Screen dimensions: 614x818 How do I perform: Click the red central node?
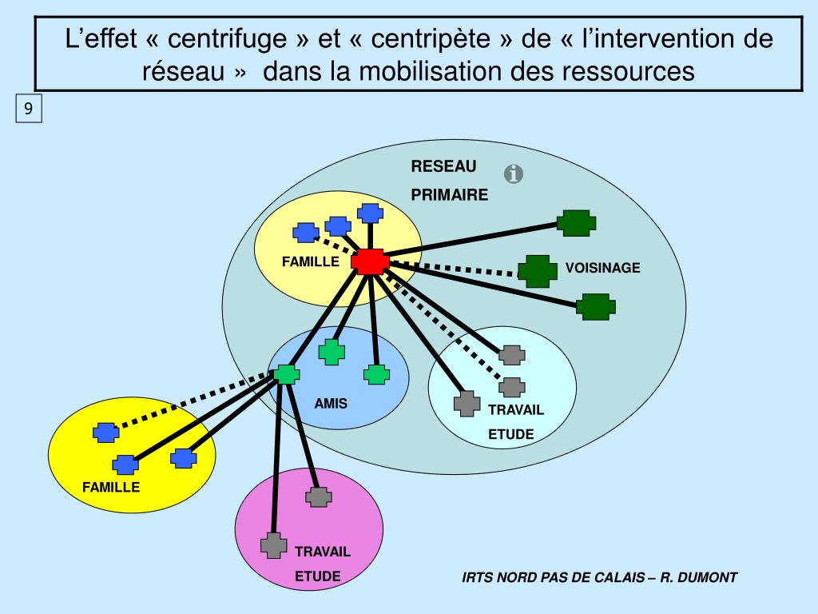click(x=370, y=261)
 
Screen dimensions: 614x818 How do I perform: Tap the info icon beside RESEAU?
click(x=514, y=173)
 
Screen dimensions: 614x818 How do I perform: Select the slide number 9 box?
click(x=28, y=110)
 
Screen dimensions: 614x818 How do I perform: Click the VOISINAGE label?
click(x=603, y=268)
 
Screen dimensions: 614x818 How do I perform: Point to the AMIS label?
click(x=331, y=403)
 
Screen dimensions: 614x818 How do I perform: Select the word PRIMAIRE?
click(x=449, y=195)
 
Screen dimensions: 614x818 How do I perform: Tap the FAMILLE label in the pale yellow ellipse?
click(x=311, y=261)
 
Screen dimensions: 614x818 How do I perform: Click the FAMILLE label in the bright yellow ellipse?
click(x=111, y=486)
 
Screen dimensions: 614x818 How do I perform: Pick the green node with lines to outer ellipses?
click(x=286, y=373)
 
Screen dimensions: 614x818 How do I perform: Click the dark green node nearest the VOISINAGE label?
click(x=538, y=271)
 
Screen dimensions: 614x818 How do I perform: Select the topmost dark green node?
click(x=576, y=222)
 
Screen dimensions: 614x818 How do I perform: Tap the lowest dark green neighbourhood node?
click(x=595, y=306)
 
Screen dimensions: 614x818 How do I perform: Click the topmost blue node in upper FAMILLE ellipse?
click(x=370, y=213)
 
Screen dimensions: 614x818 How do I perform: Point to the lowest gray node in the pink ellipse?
click(x=273, y=545)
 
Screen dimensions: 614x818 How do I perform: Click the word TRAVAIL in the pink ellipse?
click(x=323, y=552)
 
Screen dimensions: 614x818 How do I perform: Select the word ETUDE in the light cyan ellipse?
click(x=511, y=435)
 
